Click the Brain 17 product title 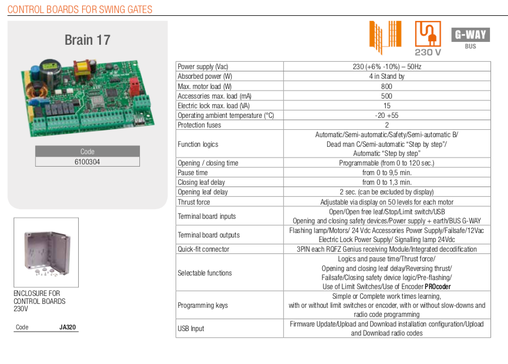click(x=87, y=40)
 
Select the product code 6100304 click(x=87, y=162)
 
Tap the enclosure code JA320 click(x=67, y=327)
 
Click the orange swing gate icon click(x=386, y=37)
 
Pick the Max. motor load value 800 click(x=386, y=86)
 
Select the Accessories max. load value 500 click(x=386, y=96)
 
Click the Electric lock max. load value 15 click(x=387, y=106)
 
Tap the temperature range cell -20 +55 click(x=386, y=116)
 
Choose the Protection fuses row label click(x=199, y=125)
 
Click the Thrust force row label click(x=194, y=202)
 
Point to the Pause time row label click(x=193, y=172)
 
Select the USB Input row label click(x=191, y=329)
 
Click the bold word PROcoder click(x=438, y=287)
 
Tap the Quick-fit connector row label click(x=203, y=249)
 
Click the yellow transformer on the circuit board click(x=82, y=67)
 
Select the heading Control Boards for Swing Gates click(x=80, y=10)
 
